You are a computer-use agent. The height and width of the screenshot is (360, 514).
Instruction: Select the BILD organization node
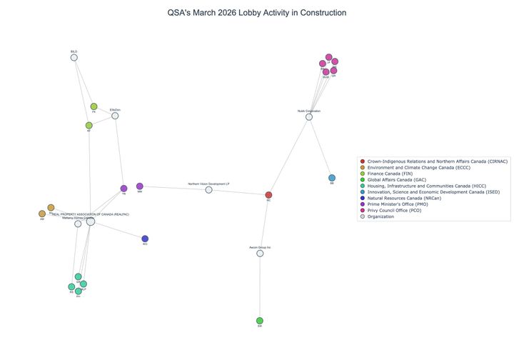coord(74,57)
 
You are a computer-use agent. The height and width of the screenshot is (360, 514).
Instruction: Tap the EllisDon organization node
coord(115,116)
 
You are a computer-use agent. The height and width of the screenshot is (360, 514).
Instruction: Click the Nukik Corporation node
coord(309,116)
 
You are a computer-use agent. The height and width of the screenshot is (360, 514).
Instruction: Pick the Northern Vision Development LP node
coord(208,189)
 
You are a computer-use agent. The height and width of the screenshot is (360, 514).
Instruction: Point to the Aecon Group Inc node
coord(260,253)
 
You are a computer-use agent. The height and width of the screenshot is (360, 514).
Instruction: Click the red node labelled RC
coord(268,195)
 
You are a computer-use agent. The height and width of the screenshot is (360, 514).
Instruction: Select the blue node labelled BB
coord(332,178)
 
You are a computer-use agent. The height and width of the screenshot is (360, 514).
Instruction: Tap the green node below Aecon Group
coord(260,321)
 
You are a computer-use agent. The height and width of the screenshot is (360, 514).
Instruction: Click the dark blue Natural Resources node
coord(145,239)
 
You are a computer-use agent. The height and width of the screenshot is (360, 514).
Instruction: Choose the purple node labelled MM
coord(140,186)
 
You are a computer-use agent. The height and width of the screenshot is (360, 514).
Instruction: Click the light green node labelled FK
coord(94,106)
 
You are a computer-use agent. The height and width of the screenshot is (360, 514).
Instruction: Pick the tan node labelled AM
coord(42,214)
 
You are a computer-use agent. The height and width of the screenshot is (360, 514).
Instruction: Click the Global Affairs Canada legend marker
coord(363,180)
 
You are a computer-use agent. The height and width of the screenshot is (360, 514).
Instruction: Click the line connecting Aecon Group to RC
coord(264,224)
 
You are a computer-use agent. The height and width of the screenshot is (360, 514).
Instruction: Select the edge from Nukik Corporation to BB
coord(321,147)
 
